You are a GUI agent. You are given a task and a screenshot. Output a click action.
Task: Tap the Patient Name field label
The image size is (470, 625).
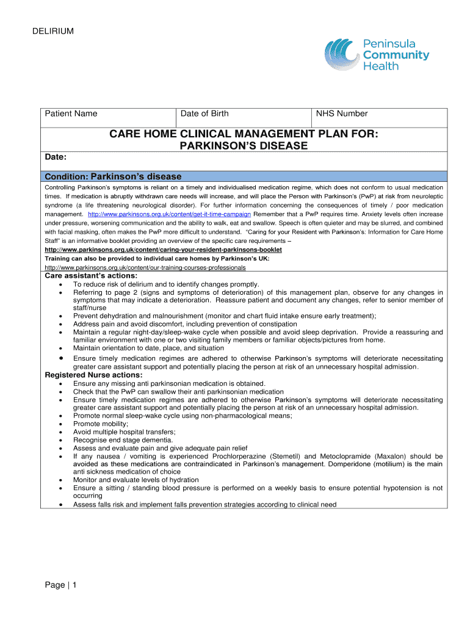tap(71, 114)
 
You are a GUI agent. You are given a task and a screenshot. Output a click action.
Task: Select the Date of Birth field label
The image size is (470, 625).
tap(204, 114)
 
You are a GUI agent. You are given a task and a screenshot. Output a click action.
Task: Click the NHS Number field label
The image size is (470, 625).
tap(342, 114)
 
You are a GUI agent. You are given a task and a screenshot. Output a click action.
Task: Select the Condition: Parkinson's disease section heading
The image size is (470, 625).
tap(114, 176)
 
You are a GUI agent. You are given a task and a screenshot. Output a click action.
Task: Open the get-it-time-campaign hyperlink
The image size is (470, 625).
tap(170, 215)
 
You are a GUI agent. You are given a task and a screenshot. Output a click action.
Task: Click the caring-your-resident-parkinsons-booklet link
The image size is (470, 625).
tap(164, 250)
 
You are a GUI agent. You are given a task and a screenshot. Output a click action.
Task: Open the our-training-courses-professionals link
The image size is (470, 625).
tap(145, 267)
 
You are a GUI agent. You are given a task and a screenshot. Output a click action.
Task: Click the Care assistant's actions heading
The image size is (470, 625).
tap(87, 276)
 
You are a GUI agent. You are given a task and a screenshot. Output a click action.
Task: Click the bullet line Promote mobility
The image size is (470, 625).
tap(101, 424)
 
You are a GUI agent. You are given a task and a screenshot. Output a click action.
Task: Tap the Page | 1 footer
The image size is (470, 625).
tap(60, 585)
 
